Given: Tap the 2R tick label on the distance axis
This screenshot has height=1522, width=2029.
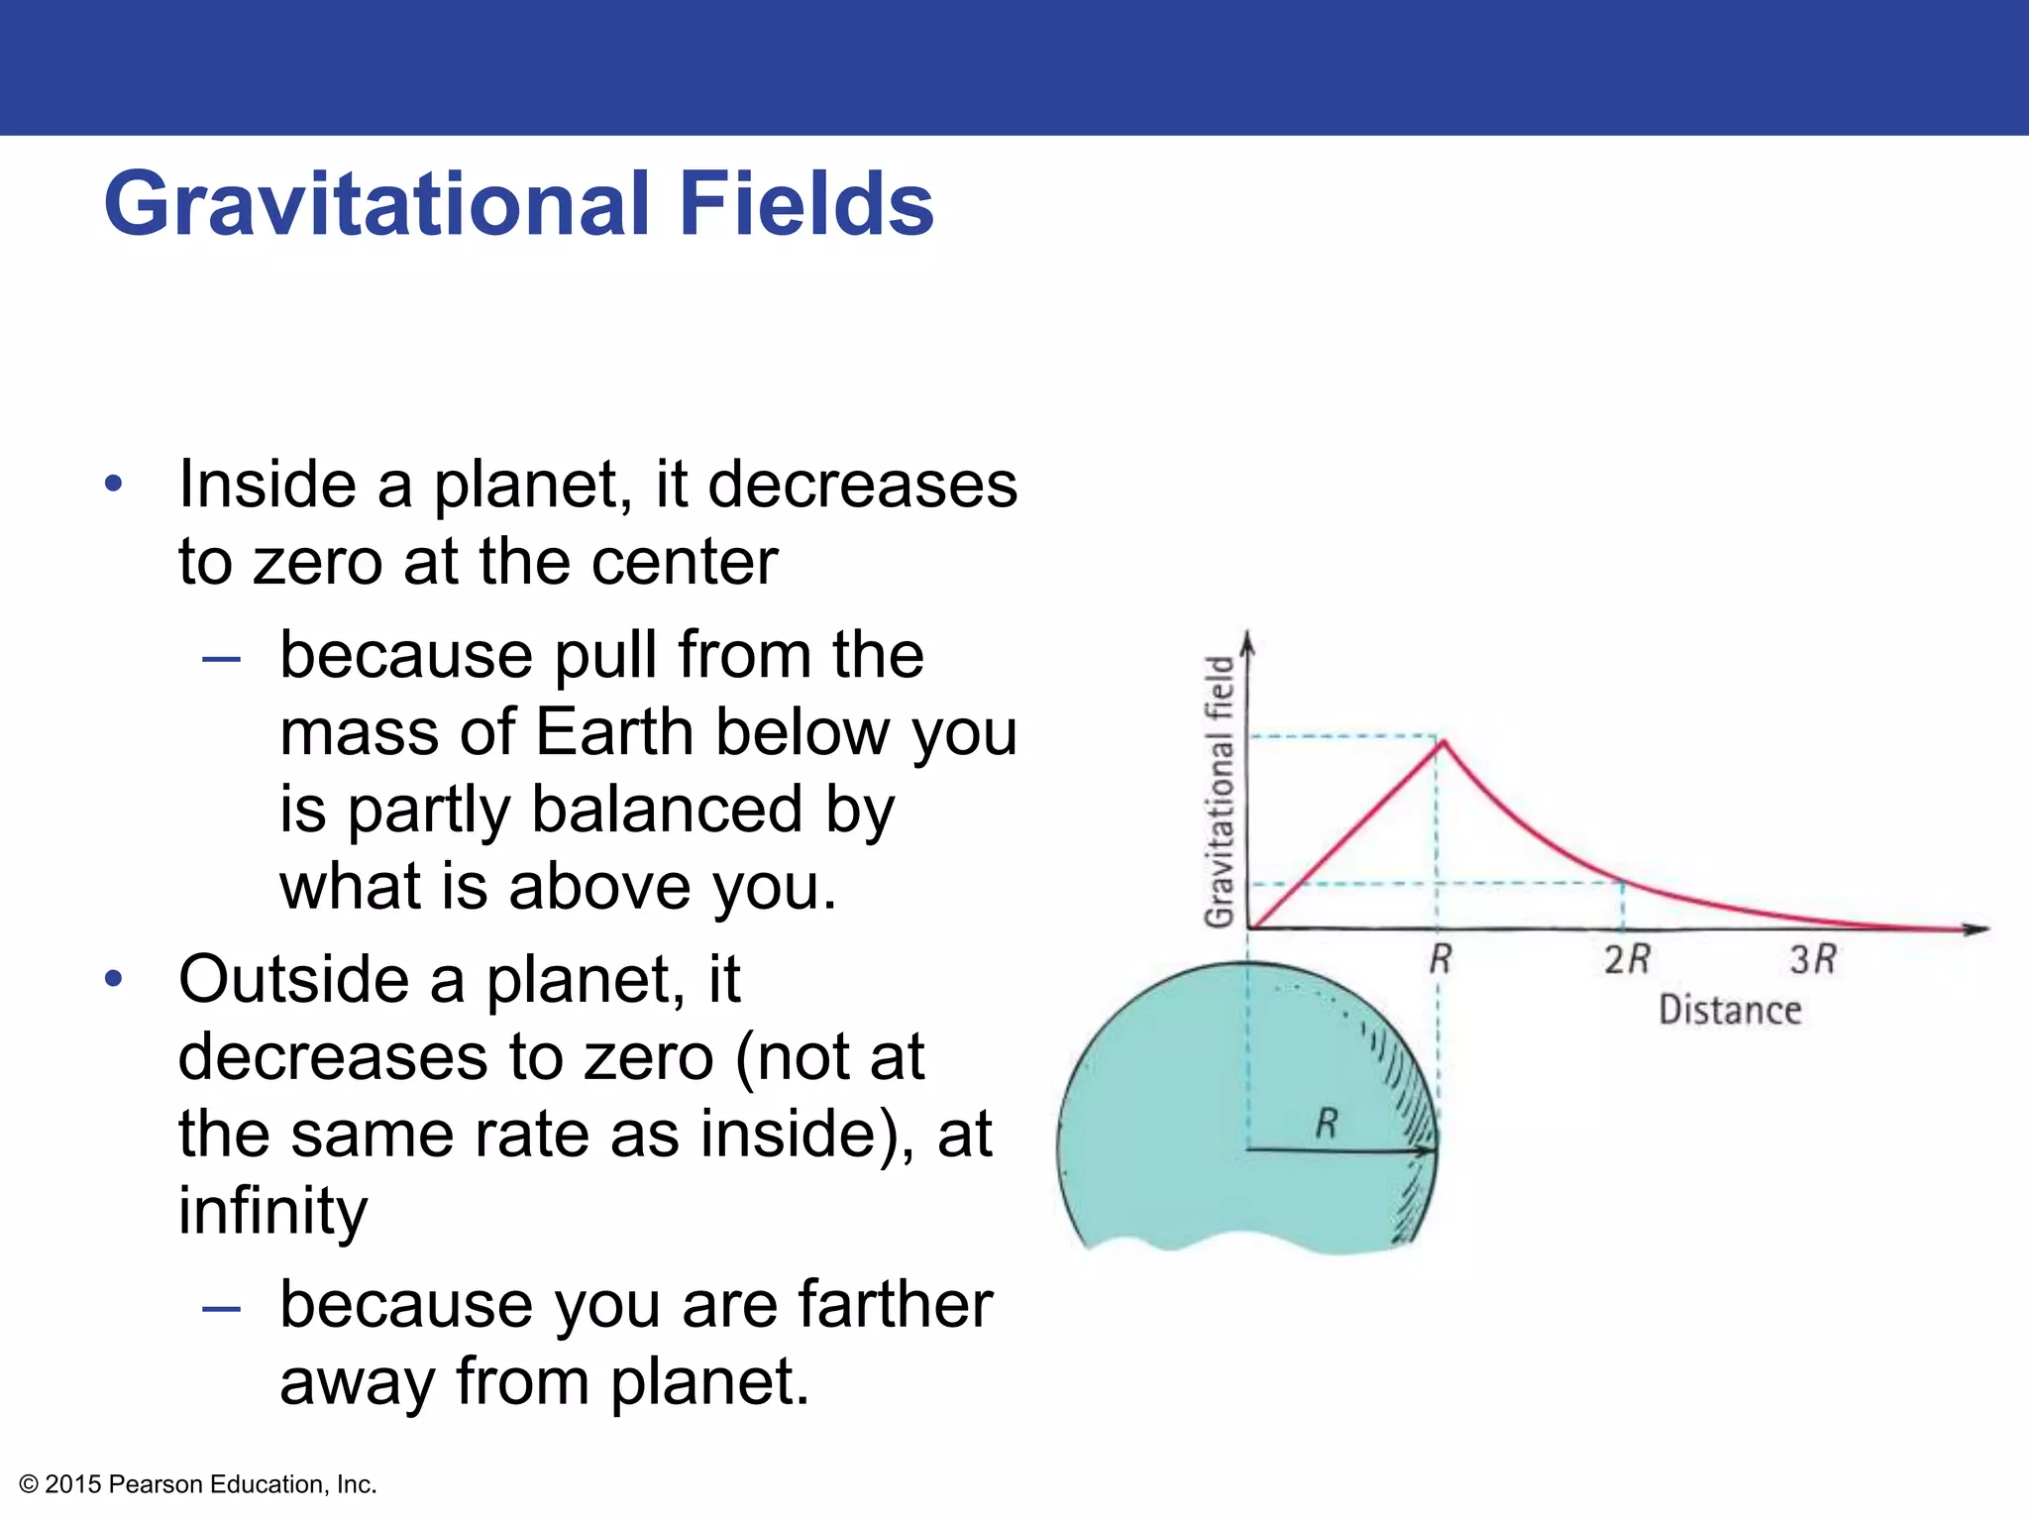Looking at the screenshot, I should (x=1627, y=959).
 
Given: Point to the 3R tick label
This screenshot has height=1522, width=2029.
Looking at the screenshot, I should (x=1813, y=959).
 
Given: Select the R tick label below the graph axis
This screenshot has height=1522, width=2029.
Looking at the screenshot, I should (x=1441, y=959).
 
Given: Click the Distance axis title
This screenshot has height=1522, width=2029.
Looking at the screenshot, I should (x=1730, y=1010).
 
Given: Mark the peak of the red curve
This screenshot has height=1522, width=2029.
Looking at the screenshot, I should (x=1443, y=741).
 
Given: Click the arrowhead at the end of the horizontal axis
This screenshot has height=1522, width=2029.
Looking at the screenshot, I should (x=1976, y=928).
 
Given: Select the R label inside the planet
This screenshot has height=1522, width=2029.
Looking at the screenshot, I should (x=1327, y=1124).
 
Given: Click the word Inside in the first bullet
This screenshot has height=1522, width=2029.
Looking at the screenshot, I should (x=267, y=485).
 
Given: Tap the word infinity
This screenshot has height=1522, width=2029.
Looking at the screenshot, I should (x=272, y=1210).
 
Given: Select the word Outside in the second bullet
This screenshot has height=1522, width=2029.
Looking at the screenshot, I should (x=293, y=979).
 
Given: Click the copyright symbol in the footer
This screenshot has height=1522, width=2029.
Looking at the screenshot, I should (x=29, y=1484).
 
